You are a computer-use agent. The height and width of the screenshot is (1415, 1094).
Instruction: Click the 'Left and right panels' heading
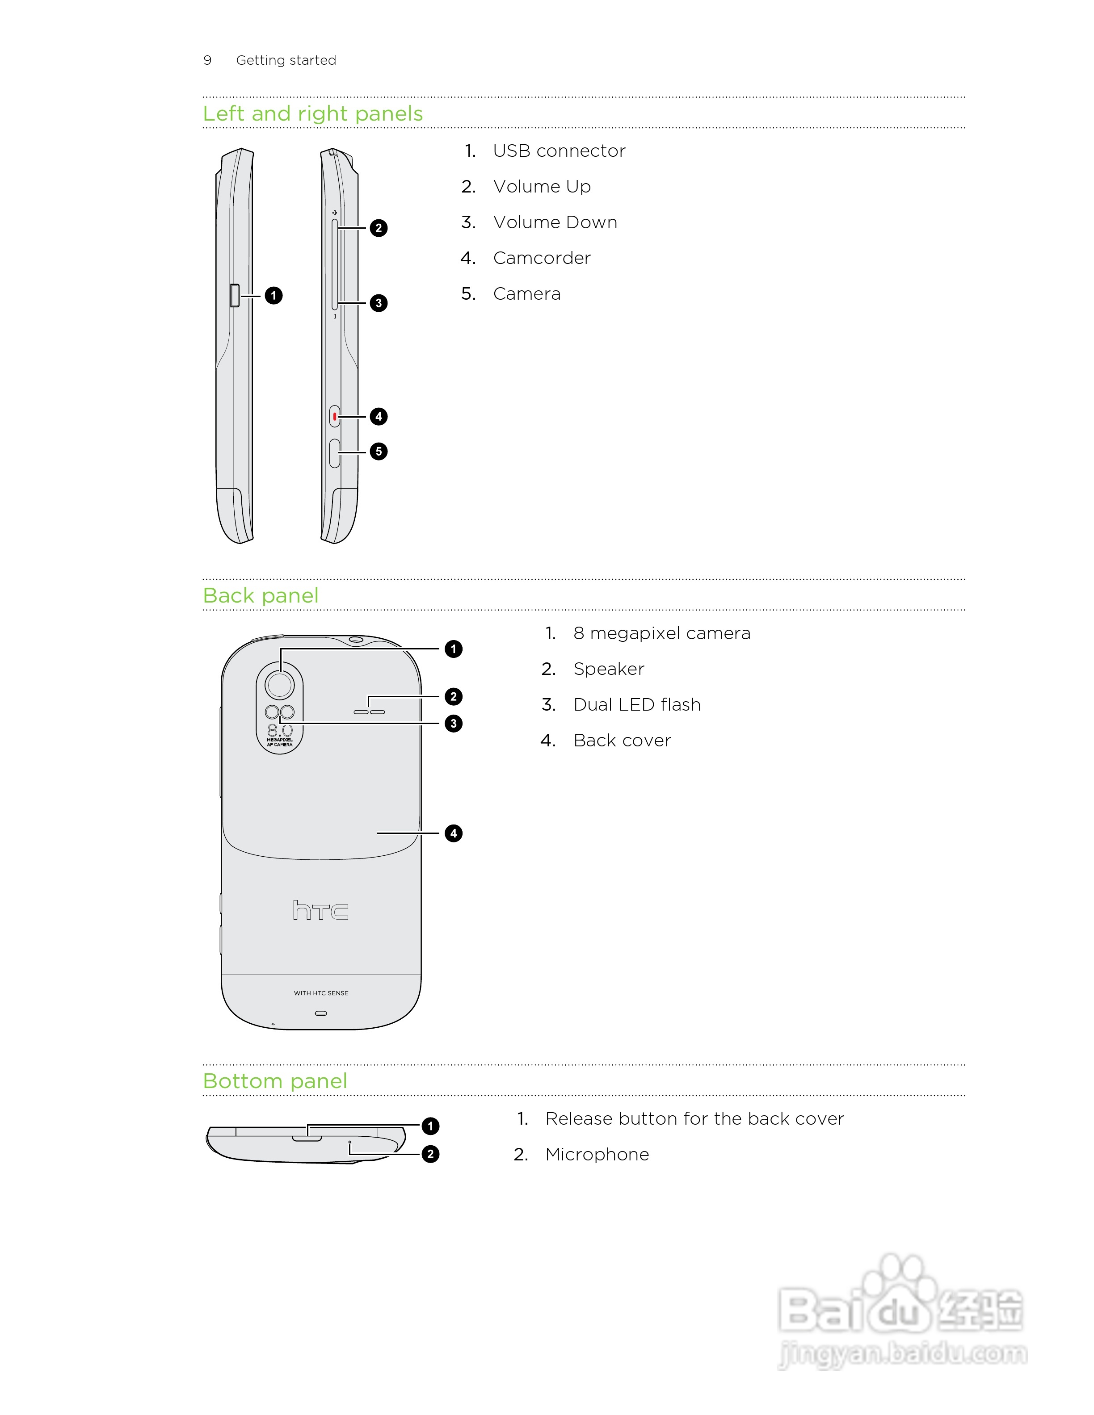point(312,113)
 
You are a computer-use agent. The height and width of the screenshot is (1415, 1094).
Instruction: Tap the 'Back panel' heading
point(261,595)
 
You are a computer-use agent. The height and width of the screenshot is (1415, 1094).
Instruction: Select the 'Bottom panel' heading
point(275,1081)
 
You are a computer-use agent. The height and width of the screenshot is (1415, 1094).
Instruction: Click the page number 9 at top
point(207,60)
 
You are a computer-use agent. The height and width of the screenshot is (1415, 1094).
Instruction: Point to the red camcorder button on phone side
point(334,417)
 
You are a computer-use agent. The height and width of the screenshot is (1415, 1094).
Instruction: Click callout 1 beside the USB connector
point(273,295)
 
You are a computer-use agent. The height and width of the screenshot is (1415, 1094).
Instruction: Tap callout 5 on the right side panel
point(379,452)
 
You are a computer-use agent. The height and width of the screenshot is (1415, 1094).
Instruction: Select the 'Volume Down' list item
point(555,222)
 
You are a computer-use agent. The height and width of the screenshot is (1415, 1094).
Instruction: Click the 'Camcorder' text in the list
point(542,258)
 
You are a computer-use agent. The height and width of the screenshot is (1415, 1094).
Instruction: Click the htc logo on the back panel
point(321,910)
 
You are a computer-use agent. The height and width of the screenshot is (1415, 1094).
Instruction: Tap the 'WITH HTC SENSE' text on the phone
point(321,992)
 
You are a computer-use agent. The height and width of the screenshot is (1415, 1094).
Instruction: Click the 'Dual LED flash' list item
point(636,705)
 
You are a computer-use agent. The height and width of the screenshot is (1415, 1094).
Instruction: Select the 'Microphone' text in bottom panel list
point(597,1155)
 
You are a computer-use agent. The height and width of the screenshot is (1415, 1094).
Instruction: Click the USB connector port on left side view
point(235,295)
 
